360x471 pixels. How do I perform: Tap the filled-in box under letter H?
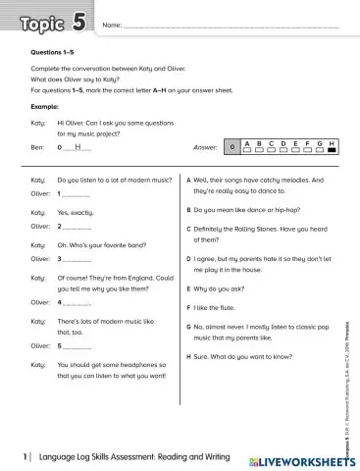(x=332, y=149)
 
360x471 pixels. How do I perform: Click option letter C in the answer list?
(x=188, y=229)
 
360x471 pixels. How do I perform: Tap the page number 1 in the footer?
(x=26, y=457)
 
